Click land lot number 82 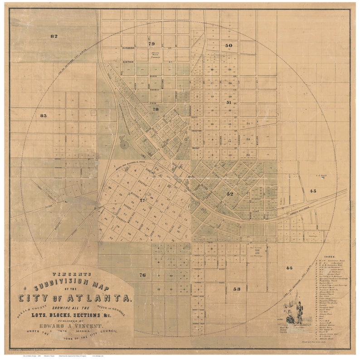point(54,36)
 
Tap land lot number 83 point(44,116)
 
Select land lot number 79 point(151,44)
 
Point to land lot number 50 point(229,45)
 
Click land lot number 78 point(156,109)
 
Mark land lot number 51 point(229,103)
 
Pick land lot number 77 point(142,200)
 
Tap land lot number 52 point(230,194)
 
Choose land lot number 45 point(313,191)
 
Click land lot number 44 point(290,268)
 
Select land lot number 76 point(142,275)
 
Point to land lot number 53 point(237,288)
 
